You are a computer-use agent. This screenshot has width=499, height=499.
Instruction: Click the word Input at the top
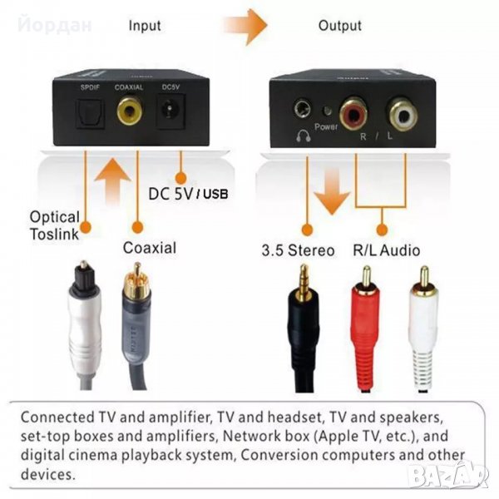click(144, 25)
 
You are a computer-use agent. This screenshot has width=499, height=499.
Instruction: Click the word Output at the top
click(340, 25)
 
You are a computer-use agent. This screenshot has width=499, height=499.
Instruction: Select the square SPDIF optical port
click(86, 111)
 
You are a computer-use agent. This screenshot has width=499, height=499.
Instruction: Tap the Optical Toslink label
click(55, 225)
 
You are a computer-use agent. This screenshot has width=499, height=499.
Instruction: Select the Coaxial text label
click(149, 247)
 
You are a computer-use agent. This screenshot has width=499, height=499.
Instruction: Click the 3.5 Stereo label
click(298, 249)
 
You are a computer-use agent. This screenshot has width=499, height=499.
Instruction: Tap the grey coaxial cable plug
click(132, 324)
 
